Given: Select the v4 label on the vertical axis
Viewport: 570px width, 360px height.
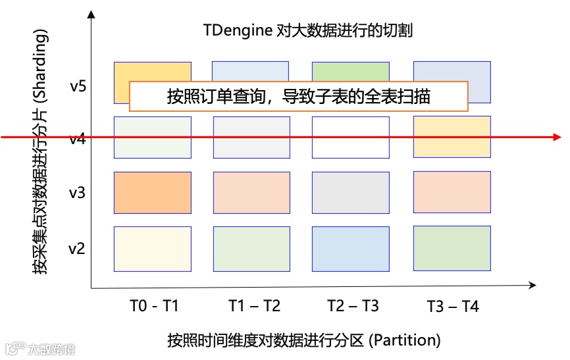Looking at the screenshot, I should pyautogui.click(x=77, y=139).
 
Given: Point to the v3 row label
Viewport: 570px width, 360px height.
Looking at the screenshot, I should pyautogui.click(x=77, y=193).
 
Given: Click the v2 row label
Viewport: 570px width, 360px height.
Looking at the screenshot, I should pyautogui.click(x=77, y=249).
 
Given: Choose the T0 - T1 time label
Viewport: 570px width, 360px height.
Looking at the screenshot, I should pyautogui.click(x=154, y=306).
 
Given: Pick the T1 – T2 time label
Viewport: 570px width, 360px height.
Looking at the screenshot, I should pyautogui.click(x=254, y=306).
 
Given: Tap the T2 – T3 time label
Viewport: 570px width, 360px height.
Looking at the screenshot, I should pyautogui.click(x=353, y=306).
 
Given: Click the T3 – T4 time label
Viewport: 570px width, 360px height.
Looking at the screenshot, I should pyautogui.click(x=453, y=306).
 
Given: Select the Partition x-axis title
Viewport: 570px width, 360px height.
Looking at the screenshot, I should pyautogui.click(x=303, y=341).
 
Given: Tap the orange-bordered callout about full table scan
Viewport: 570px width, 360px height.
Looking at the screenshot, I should pyautogui.click(x=298, y=97).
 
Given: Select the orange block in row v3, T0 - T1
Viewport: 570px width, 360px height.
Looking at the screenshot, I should pyautogui.click(x=153, y=192).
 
